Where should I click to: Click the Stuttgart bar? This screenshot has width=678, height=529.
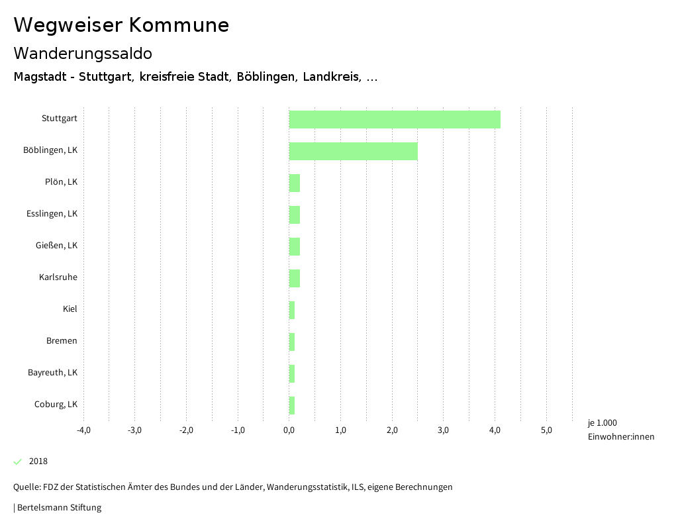coord(395,119)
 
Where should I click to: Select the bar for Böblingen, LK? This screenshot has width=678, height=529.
coord(353,151)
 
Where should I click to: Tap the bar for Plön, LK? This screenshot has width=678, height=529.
coord(295,183)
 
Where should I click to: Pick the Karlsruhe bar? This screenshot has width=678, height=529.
coord(295,278)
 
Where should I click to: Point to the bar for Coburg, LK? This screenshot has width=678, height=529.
coord(292,405)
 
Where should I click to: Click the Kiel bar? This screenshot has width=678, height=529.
coord(292,310)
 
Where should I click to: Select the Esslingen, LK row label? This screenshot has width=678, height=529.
coord(52,214)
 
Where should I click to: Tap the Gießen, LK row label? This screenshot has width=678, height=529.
coord(56,246)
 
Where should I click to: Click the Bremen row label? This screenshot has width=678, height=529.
coord(62,341)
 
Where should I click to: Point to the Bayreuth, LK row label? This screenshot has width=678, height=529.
coord(52,373)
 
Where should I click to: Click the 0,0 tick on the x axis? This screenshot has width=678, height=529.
coord(289,430)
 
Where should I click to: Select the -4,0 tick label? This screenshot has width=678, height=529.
coord(83,430)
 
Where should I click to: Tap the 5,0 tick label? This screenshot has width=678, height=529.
coord(546,430)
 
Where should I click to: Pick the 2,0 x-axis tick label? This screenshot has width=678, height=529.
coord(392,430)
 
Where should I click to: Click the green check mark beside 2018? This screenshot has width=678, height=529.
coord(18,461)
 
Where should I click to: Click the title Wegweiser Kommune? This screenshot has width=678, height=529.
coord(121,25)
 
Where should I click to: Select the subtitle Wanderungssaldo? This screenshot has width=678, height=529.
coord(83,53)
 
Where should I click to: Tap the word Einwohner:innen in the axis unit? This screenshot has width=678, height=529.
coord(620,436)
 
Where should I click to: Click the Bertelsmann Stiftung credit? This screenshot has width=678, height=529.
coord(59,508)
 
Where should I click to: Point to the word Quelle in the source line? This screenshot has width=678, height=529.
coord(26,487)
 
